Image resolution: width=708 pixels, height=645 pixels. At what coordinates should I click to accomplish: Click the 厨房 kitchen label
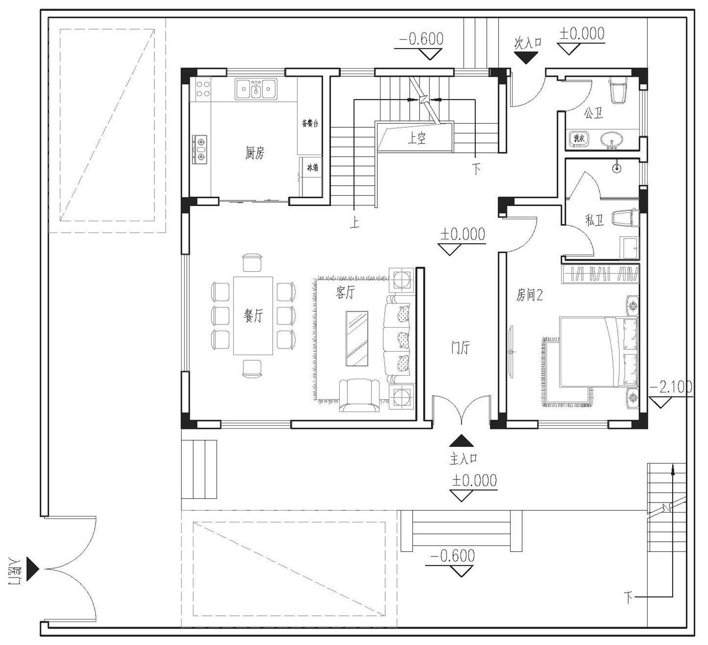(254, 153)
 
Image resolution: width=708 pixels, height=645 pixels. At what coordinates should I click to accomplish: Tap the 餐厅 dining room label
(253, 315)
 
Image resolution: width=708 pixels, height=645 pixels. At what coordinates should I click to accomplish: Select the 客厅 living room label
(345, 292)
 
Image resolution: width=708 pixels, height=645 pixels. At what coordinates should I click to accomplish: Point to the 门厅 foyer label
(460, 347)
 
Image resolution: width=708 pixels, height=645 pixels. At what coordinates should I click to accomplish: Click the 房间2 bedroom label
(529, 295)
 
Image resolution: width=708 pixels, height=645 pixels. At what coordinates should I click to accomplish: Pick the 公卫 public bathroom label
(593, 113)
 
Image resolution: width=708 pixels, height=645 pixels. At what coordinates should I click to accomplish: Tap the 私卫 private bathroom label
(594, 220)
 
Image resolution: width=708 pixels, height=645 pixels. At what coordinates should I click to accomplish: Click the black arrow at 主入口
(461, 440)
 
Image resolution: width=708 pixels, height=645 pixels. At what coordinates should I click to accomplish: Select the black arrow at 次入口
(526, 58)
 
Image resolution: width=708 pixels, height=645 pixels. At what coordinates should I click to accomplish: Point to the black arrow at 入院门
(33, 569)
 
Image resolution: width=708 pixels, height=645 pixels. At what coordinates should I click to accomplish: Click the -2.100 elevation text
(671, 387)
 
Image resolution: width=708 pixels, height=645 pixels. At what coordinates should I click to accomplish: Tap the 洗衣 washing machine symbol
(579, 138)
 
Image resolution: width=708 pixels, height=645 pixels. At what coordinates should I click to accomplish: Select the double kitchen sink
(256, 89)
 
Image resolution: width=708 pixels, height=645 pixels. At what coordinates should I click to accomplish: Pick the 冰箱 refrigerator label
(312, 167)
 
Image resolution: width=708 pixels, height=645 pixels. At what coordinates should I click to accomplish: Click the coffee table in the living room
(357, 339)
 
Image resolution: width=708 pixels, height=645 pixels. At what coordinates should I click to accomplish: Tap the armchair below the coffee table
(359, 395)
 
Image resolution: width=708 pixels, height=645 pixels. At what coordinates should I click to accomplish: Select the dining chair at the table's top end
(253, 263)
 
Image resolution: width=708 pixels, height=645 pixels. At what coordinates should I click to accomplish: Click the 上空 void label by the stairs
(416, 138)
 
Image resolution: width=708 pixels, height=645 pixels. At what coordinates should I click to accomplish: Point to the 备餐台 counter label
(310, 123)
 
